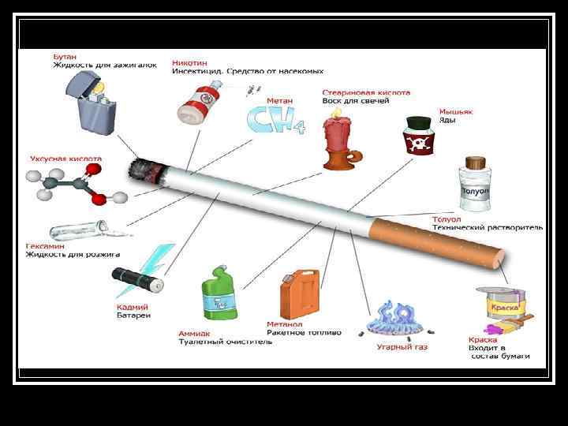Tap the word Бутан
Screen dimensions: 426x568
coord(65,57)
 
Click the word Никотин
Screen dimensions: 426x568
coord(190,62)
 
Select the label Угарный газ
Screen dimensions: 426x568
coord(402,346)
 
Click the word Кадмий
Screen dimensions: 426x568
coord(133,307)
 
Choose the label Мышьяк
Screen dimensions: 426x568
coord(456,112)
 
